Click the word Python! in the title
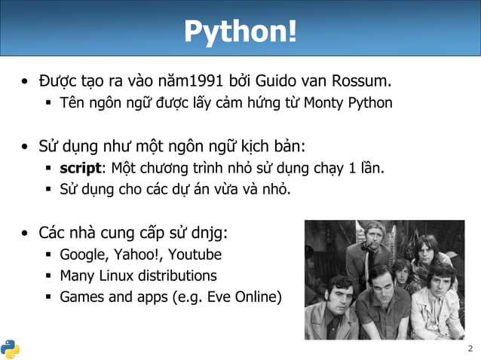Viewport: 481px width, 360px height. (x=240, y=32)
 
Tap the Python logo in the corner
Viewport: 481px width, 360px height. (x=10, y=349)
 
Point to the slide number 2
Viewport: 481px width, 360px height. (x=470, y=349)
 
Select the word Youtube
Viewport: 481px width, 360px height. (x=197, y=255)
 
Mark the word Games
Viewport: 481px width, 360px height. (x=81, y=297)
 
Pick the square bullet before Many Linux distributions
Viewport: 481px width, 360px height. (x=47, y=276)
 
